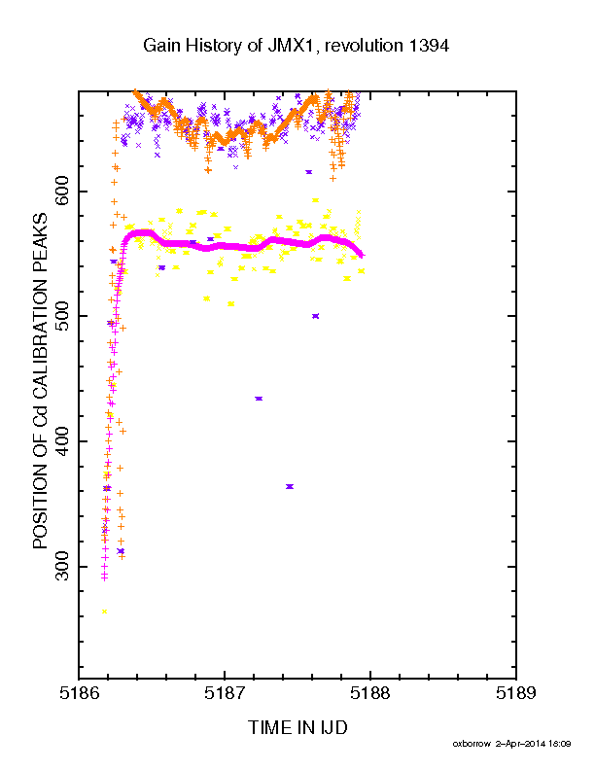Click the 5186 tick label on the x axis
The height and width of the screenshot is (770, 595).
(79, 693)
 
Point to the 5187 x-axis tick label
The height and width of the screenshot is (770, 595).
(225, 693)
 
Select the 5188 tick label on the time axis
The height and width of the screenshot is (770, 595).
(370, 693)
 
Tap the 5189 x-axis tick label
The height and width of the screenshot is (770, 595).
(516, 693)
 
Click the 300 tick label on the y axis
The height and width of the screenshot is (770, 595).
(63, 566)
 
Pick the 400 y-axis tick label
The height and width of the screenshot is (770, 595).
(63, 441)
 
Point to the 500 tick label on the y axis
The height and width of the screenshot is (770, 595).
(63, 316)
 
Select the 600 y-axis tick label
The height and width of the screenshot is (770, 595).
(63, 191)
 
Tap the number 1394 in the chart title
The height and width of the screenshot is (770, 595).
(429, 46)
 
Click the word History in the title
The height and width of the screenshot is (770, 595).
(217, 46)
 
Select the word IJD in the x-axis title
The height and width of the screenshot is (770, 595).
(332, 727)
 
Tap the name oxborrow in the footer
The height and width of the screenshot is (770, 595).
(471, 744)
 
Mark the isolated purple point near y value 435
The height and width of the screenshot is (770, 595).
(259, 399)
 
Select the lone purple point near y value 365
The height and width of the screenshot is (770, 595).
(289, 486)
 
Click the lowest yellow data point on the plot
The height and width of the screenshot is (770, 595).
(104, 611)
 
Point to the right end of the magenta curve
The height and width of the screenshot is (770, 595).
(363, 255)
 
